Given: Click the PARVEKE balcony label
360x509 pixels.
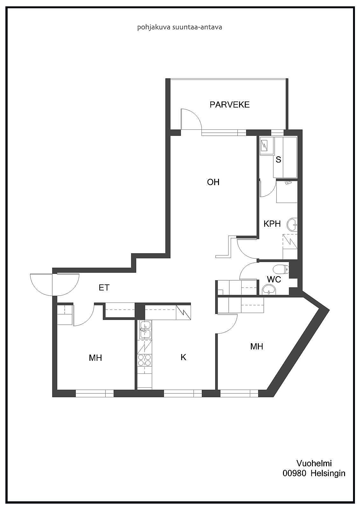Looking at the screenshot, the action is coord(229,105).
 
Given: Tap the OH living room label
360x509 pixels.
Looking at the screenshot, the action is coord(213,182).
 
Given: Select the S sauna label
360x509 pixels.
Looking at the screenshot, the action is coord(279,159).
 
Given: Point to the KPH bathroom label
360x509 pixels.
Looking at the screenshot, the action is coord(272,224).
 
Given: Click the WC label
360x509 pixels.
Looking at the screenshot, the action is coord(274,279).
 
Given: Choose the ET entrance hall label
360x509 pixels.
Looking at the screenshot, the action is coord(104,288).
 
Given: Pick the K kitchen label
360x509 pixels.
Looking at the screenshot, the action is coord(183,357).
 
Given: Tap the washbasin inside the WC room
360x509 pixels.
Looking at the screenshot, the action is coord(269,290).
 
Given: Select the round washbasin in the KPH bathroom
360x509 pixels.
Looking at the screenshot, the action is coord(292,225).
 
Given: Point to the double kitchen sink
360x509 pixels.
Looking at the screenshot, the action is coord(145,330).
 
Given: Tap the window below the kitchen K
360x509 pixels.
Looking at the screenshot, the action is coord(183,393).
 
